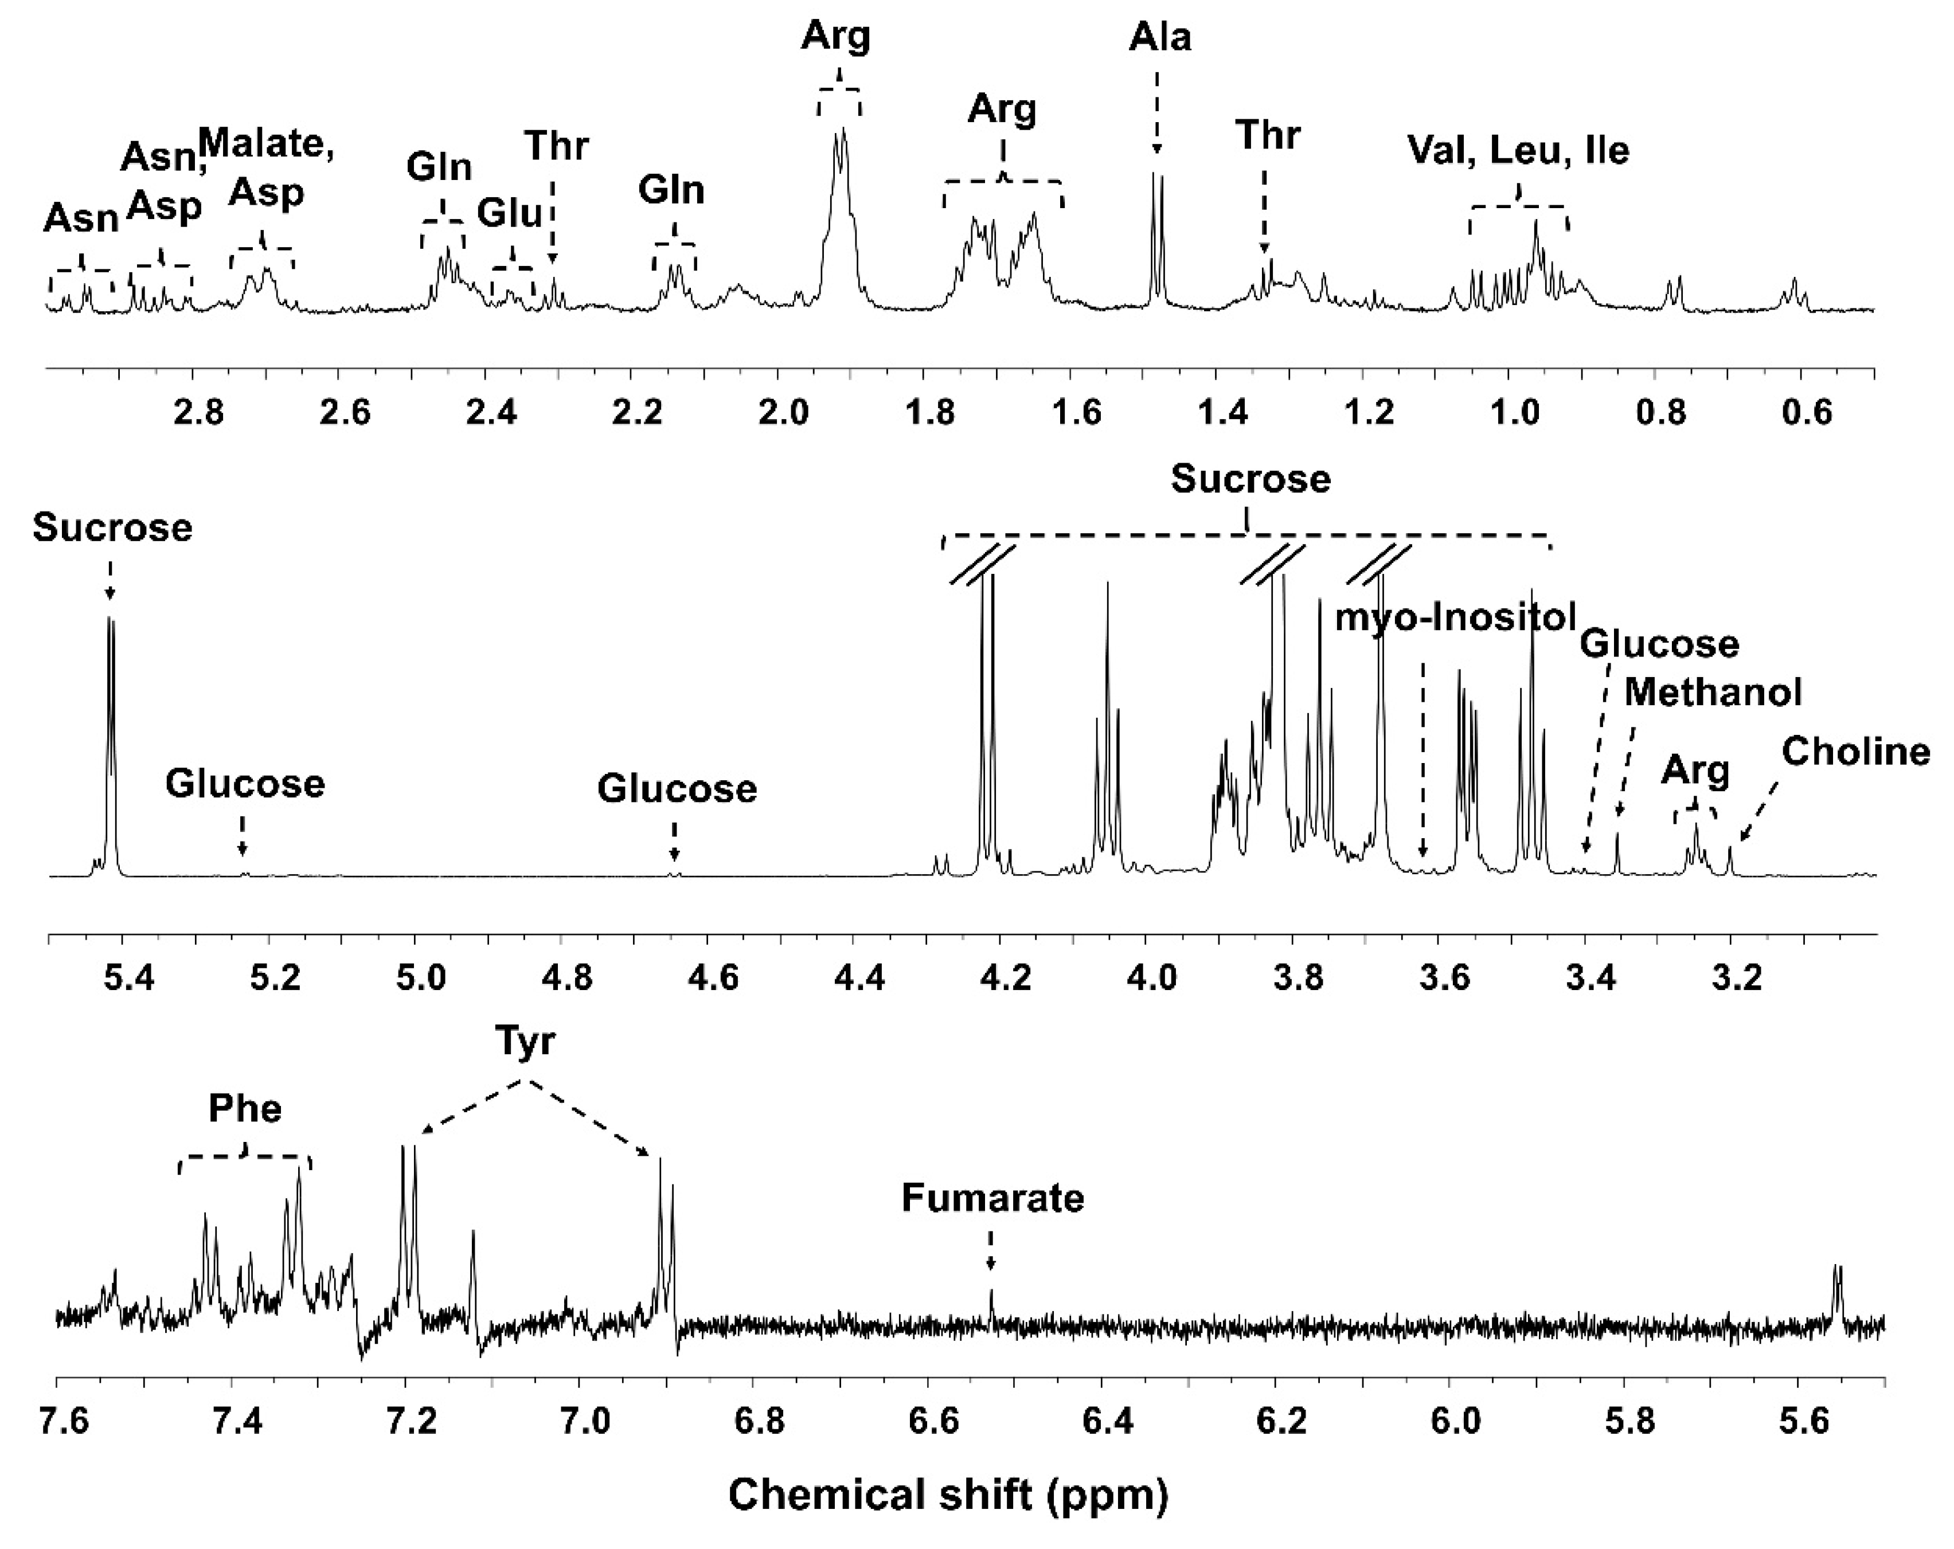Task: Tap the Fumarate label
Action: tap(992, 1198)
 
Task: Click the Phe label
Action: tap(245, 1109)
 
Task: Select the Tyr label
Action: tap(525, 1042)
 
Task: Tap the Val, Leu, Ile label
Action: tap(1518, 150)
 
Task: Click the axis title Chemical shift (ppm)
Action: tap(948, 1495)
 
